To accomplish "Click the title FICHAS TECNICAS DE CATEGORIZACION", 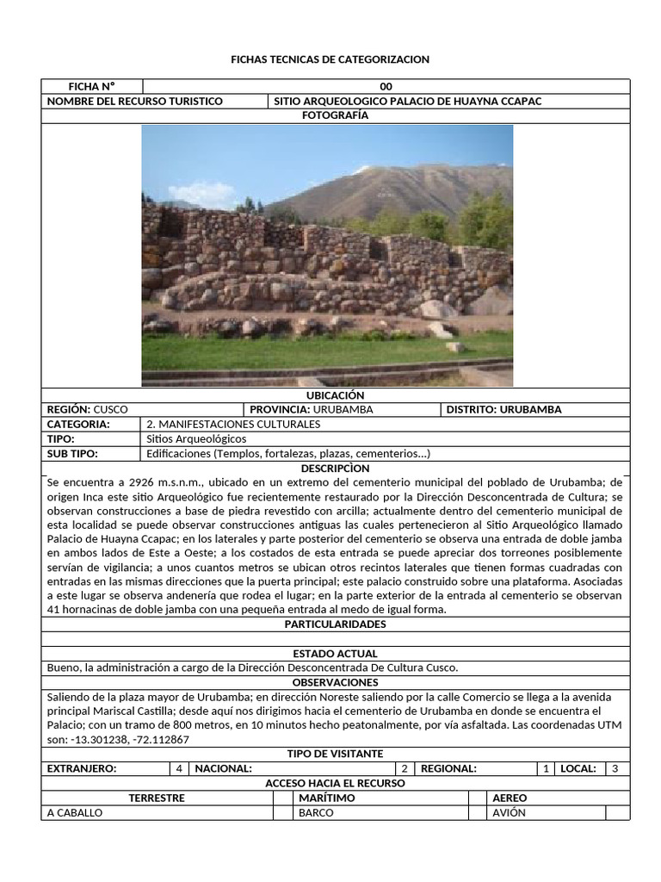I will (x=330, y=59).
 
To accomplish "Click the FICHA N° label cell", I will (x=91, y=86).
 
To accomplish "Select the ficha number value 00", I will (x=386, y=86).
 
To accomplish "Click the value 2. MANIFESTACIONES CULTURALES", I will (x=233, y=424).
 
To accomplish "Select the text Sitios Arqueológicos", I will (x=196, y=438).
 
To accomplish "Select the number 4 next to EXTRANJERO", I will (x=179, y=768).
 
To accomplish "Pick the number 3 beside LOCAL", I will (x=615, y=768).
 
